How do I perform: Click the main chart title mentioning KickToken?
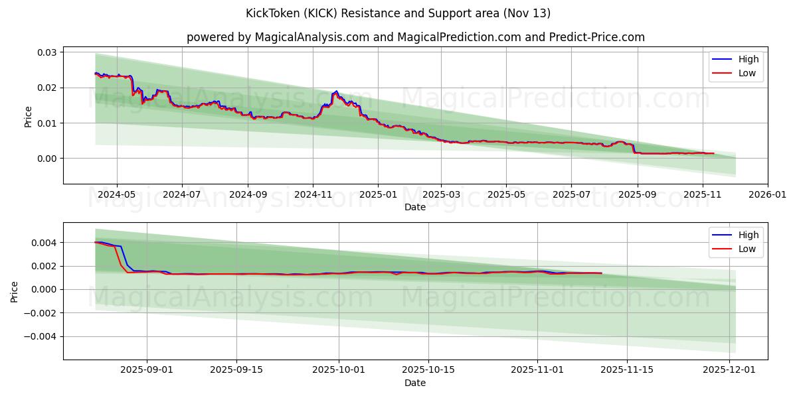click(398, 13)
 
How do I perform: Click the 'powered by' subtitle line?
click(415, 37)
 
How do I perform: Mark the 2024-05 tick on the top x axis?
click(117, 195)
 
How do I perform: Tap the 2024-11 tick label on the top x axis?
click(313, 195)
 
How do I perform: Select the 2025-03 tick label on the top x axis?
click(442, 195)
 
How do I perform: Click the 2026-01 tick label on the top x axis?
click(768, 195)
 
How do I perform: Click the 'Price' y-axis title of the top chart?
click(28, 117)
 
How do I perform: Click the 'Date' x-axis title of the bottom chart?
click(415, 383)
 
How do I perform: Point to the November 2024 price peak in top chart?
click(336, 92)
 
